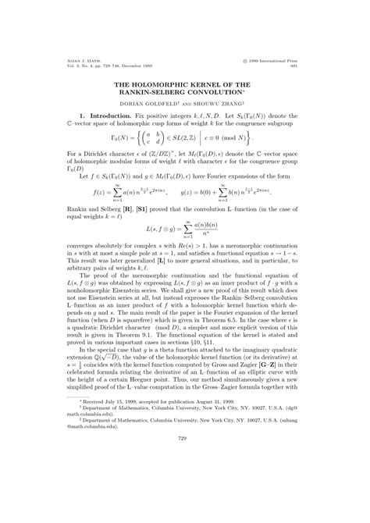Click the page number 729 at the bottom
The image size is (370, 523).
185,503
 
